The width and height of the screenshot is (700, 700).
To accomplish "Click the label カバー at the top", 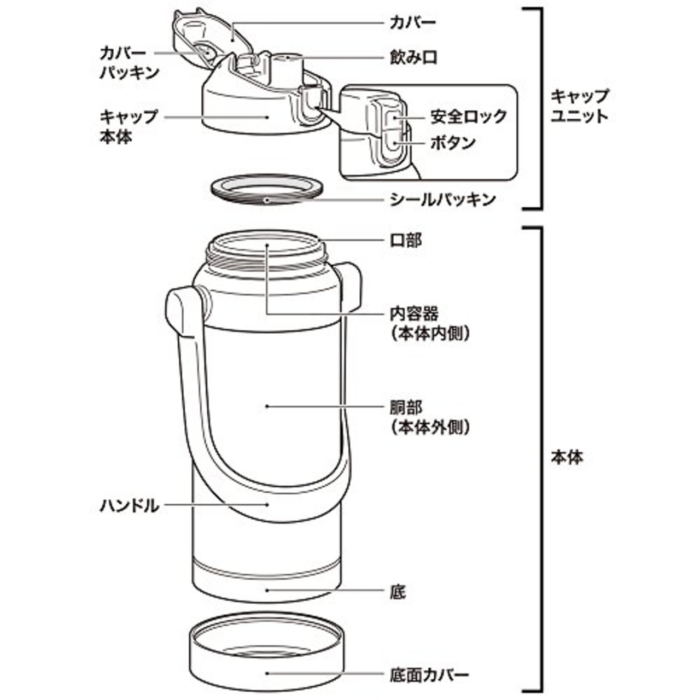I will (x=412, y=23).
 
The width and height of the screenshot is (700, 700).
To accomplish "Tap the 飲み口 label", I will (x=413, y=57).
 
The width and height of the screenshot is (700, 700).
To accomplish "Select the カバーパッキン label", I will (x=129, y=62).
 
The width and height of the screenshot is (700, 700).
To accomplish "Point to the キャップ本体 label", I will (x=128, y=126).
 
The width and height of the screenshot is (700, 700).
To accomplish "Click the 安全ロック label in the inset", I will (x=468, y=116).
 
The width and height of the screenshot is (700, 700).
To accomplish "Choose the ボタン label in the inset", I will (x=453, y=143).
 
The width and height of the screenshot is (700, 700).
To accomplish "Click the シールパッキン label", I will (x=442, y=200).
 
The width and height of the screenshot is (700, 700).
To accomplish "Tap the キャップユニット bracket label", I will (x=579, y=106).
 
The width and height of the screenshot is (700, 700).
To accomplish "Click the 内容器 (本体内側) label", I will (x=429, y=323).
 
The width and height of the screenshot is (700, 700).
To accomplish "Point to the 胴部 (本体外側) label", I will (x=429, y=416).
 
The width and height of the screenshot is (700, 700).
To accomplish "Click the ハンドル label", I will (x=129, y=505).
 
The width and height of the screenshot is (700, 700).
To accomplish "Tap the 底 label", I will (x=398, y=591).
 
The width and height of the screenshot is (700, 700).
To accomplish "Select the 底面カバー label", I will (x=429, y=674).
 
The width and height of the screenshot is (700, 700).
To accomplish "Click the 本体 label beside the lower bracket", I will (x=567, y=457).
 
